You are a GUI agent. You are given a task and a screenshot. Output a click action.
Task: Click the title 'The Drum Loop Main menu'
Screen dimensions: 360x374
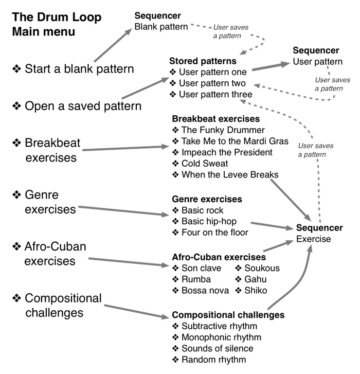click(57, 24)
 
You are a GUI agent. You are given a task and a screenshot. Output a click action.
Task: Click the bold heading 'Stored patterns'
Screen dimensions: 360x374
click(203, 61)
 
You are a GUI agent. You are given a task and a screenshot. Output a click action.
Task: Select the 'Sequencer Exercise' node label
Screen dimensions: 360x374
click(319, 233)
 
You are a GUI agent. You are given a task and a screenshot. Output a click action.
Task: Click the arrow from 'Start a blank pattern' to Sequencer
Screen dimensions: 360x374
click(113, 45)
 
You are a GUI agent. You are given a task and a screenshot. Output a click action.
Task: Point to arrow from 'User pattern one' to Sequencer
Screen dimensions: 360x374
click(272, 66)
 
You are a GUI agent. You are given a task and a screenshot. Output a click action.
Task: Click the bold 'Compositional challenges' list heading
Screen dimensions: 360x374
click(228, 315)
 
